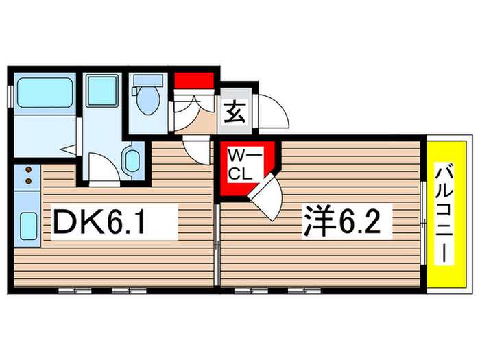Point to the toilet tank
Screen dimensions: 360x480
click(x=147, y=81)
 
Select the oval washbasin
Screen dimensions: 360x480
click(x=132, y=162)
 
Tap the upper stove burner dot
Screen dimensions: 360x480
click(x=27, y=169)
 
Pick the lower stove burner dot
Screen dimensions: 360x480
click(x=27, y=181)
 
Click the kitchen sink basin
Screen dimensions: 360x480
click(x=28, y=224)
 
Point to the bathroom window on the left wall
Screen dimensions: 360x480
click(x=9, y=95)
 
